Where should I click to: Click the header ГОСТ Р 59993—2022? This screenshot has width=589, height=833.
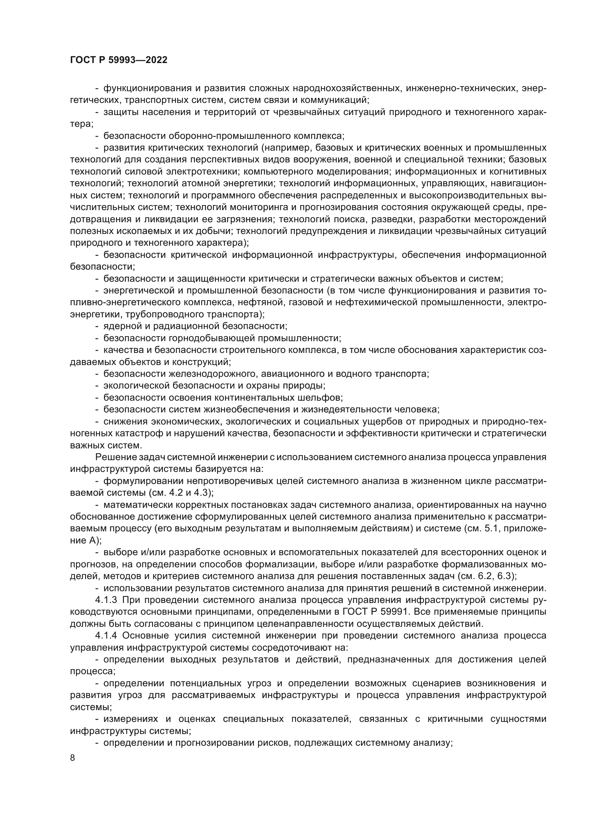pyautogui.click(x=119, y=60)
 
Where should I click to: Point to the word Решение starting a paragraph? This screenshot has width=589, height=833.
pyautogui.click(x=111, y=457)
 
